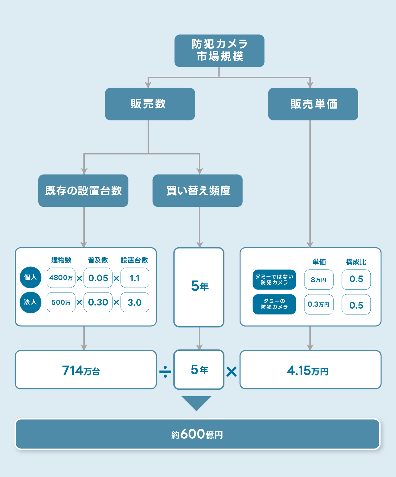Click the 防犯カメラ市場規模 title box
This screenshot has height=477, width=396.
(x=219, y=50)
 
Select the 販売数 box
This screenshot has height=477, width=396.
(x=150, y=104)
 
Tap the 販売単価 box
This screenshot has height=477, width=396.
(x=313, y=104)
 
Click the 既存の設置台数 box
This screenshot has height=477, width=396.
(x=83, y=191)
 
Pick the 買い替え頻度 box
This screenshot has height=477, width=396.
(x=198, y=191)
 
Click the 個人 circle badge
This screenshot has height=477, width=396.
(x=30, y=277)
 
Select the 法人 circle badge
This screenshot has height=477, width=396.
(x=30, y=302)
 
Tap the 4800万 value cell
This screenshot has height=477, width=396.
(x=61, y=278)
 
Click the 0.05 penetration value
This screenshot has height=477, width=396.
(x=98, y=278)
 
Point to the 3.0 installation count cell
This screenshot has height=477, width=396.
(x=135, y=302)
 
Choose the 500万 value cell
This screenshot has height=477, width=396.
(x=61, y=302)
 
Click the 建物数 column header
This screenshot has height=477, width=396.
(x=61, y=260)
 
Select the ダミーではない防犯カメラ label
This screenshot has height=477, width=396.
(x=274, y=280)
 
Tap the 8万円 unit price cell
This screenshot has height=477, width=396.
(x=319, y=280)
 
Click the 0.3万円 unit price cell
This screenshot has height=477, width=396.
(x=319, y=304)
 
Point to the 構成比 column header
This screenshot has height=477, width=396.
(x=356, y=262)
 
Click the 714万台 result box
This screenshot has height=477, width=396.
(x=86, y=370)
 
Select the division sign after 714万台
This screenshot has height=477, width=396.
(x=165, y=371)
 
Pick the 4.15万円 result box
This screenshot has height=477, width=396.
(x=310, y=370)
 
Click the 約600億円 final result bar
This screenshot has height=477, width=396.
(x=198, y=434)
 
